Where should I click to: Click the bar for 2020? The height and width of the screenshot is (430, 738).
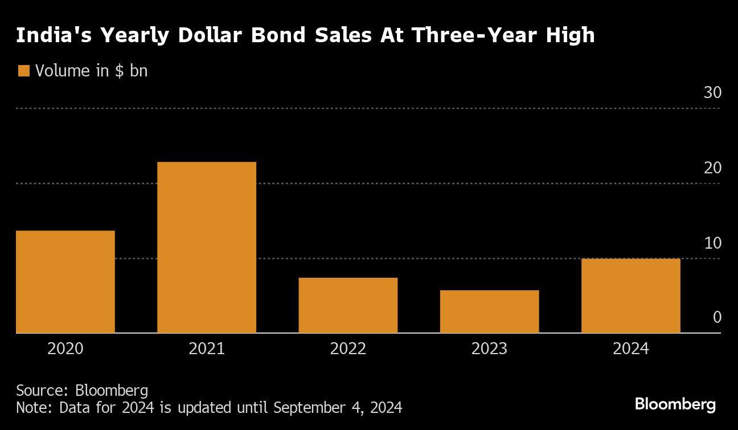(65, 282)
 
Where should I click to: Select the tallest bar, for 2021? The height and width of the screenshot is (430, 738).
(206, 248)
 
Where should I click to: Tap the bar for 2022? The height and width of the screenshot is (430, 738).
(348, 305)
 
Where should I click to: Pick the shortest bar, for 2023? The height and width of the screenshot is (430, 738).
(489, 311)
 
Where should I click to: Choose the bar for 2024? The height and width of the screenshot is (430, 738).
(630, 295)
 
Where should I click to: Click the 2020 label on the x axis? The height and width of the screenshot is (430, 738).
(65, 348)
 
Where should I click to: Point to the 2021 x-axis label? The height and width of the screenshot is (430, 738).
(206, 348)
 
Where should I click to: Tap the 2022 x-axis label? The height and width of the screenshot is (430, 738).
(348, 348)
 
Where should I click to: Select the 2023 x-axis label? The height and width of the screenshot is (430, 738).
(489, 348)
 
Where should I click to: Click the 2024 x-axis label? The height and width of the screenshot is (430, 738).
(630, 348)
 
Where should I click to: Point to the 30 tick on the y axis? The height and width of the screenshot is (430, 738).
(712, 93)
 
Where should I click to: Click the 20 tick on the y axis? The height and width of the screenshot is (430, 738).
(712, 168)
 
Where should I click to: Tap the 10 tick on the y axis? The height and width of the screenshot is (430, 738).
(712, 243)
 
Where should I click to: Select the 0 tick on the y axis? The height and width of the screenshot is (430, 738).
(717, 317)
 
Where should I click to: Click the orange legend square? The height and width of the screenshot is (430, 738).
(23, 71)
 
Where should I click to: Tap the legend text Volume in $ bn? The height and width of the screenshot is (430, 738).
(91, 71)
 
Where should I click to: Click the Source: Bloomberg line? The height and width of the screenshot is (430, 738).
(82, 391)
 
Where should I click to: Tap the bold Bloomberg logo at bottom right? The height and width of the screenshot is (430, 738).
(675, 404)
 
